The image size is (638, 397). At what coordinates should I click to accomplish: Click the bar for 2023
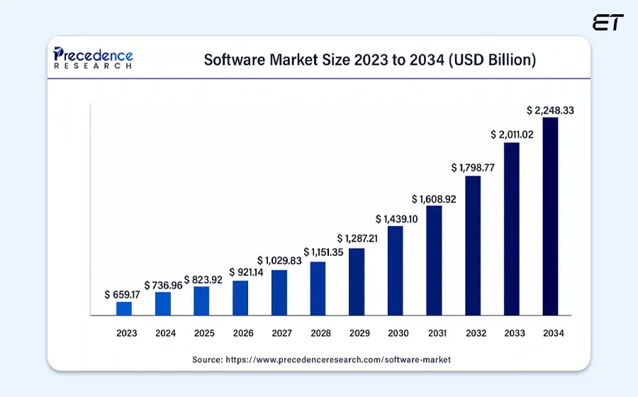[124, 308]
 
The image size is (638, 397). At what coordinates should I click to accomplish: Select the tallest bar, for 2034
[550, 216]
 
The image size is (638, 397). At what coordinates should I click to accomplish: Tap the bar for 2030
[396, 271]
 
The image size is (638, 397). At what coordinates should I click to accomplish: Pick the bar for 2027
[279, 293]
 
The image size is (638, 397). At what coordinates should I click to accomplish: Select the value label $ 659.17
[123, 294]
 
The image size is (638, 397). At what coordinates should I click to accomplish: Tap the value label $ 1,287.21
[357, 238]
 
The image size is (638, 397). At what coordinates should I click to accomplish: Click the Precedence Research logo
[94, 58]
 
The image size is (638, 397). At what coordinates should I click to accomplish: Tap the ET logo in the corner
[609, 23]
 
